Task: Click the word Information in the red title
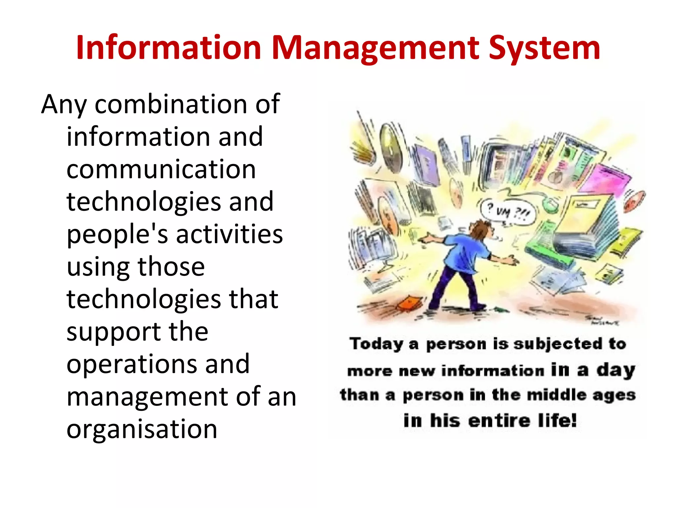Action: click(169, 48)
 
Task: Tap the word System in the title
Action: click(544, 48)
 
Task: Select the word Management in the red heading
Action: click(375, 48)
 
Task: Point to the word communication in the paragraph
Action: click(161, 169)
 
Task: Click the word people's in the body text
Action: click(117, 234)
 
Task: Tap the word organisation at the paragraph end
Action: click(142, 429)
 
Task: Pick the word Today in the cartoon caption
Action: click(377, 344)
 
